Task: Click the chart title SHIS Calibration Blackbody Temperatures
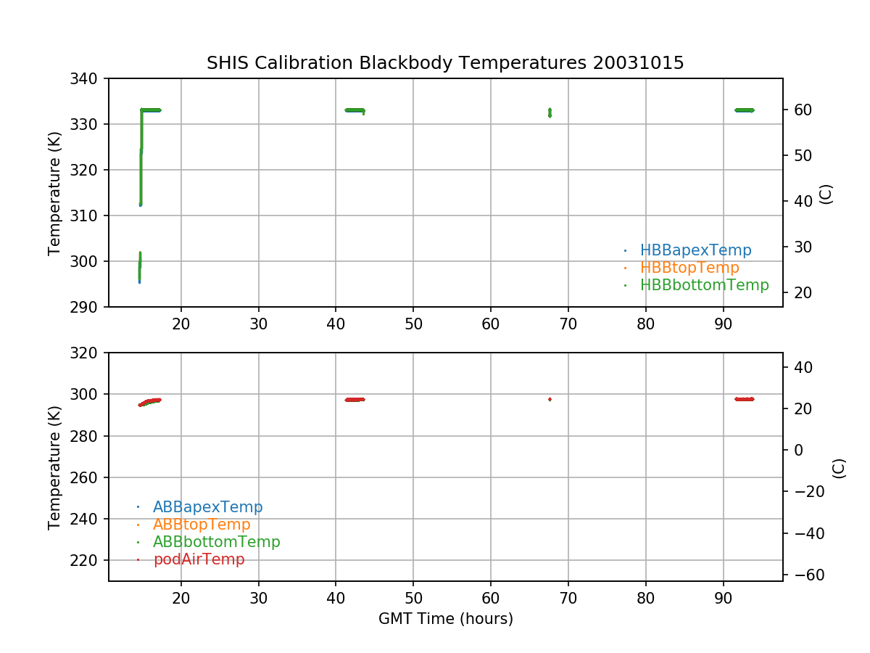tap(445, 63)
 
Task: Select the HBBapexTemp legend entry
tap(695, 250)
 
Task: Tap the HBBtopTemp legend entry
tap(689, 268)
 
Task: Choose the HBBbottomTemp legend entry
tap(704, 285)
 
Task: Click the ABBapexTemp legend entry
tap(207, 507)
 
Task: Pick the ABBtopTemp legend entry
tap(202, 525)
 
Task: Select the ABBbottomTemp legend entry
tap(216, 542)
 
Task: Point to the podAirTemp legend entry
tap(199, 559)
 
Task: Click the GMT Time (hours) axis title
tap(445, 619)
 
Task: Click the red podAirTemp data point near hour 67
tap(550, 399)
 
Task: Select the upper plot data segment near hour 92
tap(744, 110)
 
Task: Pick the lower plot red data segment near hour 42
tap(355, 399)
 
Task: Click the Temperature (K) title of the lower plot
tap(54, 467)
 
